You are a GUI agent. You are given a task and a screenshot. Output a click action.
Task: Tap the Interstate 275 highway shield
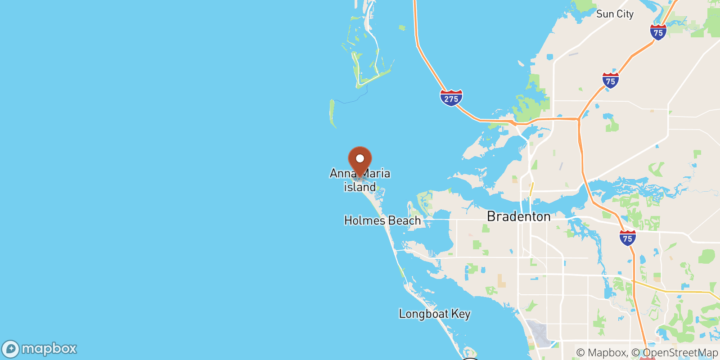coord(451,98)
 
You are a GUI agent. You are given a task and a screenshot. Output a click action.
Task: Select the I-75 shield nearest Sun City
coord(658,32)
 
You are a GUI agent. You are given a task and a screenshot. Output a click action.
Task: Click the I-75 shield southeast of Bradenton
coord(627,238)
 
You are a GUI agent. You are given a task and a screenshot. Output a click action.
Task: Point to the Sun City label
coord(615,14)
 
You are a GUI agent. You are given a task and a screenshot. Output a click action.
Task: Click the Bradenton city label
coord(518,216)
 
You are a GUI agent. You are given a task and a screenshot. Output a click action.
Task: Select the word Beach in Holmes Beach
coord(405,220)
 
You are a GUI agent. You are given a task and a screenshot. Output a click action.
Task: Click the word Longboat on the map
coord(423,314)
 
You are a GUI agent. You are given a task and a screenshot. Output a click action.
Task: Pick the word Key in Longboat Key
coord(461,314)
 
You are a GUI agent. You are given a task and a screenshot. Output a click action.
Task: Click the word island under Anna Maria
coord(360,187)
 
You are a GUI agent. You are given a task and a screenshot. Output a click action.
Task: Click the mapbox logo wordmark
coord(49,349)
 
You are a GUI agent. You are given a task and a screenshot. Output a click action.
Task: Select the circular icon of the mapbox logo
coord(11,349)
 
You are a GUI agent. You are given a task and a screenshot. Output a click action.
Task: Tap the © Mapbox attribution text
coord(601,353)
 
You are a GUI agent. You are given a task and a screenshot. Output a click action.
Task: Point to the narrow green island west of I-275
coord(332,112)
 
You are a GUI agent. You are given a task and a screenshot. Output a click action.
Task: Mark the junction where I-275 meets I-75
coord(579,119)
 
